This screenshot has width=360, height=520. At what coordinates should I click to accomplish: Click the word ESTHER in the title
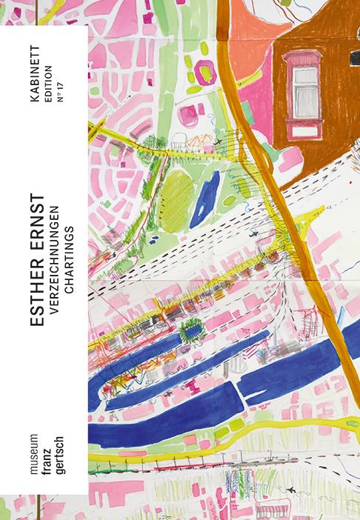(35, 296)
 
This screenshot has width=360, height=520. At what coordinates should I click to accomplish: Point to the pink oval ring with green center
(202, 71)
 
